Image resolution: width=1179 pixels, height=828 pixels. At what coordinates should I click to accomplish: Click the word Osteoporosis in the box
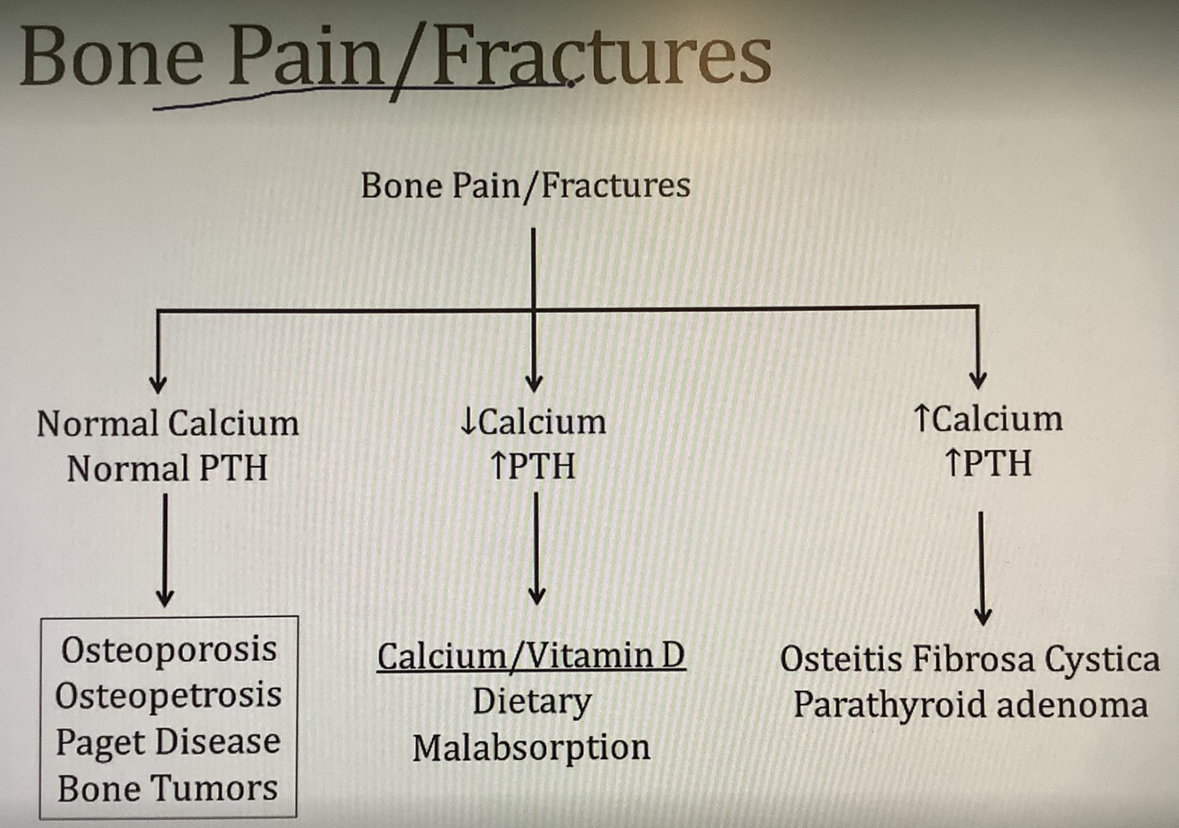tap(169, 649)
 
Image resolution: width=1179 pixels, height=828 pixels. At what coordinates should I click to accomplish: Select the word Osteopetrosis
tap(169, 695)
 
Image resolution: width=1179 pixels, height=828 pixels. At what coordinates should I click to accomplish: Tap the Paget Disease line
tap(168, 742)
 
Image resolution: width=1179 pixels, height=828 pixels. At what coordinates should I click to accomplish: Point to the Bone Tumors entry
tap(168, 788)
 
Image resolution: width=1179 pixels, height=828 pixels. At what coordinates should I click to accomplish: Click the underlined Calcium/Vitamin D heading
tap(531, 656)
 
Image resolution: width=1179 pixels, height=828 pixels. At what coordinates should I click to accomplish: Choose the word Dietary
tap(531, 702)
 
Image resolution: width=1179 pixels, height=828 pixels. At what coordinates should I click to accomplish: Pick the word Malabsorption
tap(531, 748)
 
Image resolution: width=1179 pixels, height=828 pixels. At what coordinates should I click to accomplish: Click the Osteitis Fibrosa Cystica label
tap(970, 659)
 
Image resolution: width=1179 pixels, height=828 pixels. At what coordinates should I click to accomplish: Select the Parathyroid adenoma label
tap(970, 705)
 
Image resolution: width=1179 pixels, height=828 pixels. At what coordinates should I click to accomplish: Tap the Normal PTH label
tap(167, 468)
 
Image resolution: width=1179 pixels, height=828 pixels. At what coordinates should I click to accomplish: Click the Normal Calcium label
tap(167, 423)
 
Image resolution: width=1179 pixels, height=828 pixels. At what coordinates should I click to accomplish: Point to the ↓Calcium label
tap(533, 422)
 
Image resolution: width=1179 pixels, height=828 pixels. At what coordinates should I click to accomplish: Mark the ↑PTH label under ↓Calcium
tap(533, 466)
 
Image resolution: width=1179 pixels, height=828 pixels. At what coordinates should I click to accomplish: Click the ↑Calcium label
tap(988, 419)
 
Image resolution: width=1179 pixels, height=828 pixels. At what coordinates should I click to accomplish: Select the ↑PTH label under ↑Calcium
tap(988, 463)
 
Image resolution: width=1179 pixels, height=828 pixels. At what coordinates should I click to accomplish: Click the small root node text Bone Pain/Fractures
tap(526, 186)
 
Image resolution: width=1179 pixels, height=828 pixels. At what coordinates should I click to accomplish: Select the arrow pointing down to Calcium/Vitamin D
tap(536, 548)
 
